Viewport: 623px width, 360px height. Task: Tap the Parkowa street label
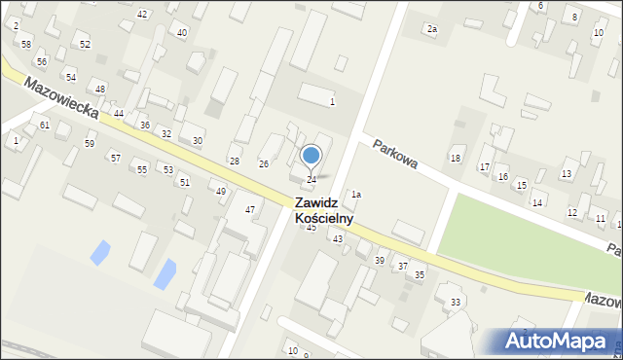click(395, 154)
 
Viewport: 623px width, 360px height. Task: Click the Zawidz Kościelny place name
click(323, 211)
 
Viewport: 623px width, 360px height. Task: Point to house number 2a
click(431, 29)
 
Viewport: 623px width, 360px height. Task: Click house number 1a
click(356, 195)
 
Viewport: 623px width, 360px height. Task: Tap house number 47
click(250, 210)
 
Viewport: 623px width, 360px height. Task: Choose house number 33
click(456, 303)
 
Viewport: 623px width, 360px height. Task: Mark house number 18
click(455, 158)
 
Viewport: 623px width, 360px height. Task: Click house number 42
click(142, 14)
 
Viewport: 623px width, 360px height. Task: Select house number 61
click(45, 126)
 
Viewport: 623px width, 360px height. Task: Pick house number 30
click(197, 141)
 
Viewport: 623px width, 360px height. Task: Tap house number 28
click(234, 161)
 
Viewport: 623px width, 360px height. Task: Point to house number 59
click(90, 144)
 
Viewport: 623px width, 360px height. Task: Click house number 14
click(536, 202)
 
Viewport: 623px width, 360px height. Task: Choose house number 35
click(420, 275)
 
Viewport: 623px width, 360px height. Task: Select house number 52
click(86, 45)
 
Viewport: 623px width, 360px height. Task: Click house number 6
click(540, 6)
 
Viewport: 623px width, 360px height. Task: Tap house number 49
click(221, 192)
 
